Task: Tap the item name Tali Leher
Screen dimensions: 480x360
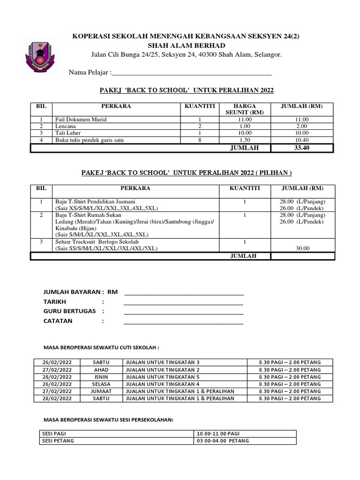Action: (x=68, y=133)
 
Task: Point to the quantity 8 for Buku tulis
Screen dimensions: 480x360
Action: (x=200, y=140)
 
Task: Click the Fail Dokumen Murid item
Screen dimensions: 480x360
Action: (x=81, y=120)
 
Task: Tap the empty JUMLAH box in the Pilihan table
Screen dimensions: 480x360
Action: (x=302, y=256)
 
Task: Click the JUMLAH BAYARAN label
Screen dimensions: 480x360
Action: (x=73, y=292)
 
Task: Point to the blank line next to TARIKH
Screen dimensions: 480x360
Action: (x=183, y=303)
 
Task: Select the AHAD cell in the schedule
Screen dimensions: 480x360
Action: (x=101, y=369)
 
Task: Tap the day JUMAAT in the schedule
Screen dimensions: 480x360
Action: (x=101, y=391)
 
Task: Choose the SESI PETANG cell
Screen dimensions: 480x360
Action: (x=58, y=441)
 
